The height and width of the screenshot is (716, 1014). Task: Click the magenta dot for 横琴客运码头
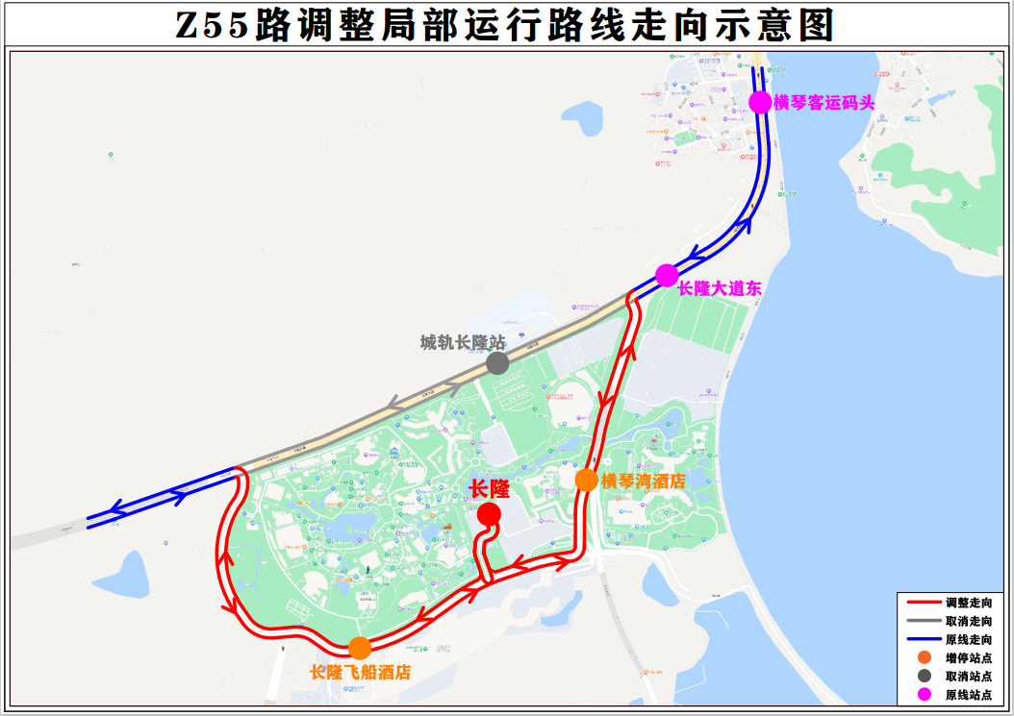(760, 102)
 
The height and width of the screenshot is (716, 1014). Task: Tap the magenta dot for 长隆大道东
(667, 276)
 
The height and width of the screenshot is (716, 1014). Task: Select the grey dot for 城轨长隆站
(497, 363)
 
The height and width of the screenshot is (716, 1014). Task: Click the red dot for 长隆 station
(489, 515)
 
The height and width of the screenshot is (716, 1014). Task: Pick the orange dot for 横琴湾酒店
(586, 480)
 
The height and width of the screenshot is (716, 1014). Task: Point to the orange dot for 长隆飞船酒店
(360, 648)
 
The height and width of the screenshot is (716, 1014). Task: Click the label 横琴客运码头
(824, 103)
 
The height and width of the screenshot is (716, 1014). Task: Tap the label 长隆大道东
(720, 288)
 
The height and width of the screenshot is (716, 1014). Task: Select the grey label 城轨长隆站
(463, 342)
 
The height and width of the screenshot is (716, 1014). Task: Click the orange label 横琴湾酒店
(643, 481)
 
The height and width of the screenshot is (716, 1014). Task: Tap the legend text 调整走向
(968, 602)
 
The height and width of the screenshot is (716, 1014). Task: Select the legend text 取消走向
(968, 621)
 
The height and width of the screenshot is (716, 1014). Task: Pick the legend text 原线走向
(968, 639)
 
